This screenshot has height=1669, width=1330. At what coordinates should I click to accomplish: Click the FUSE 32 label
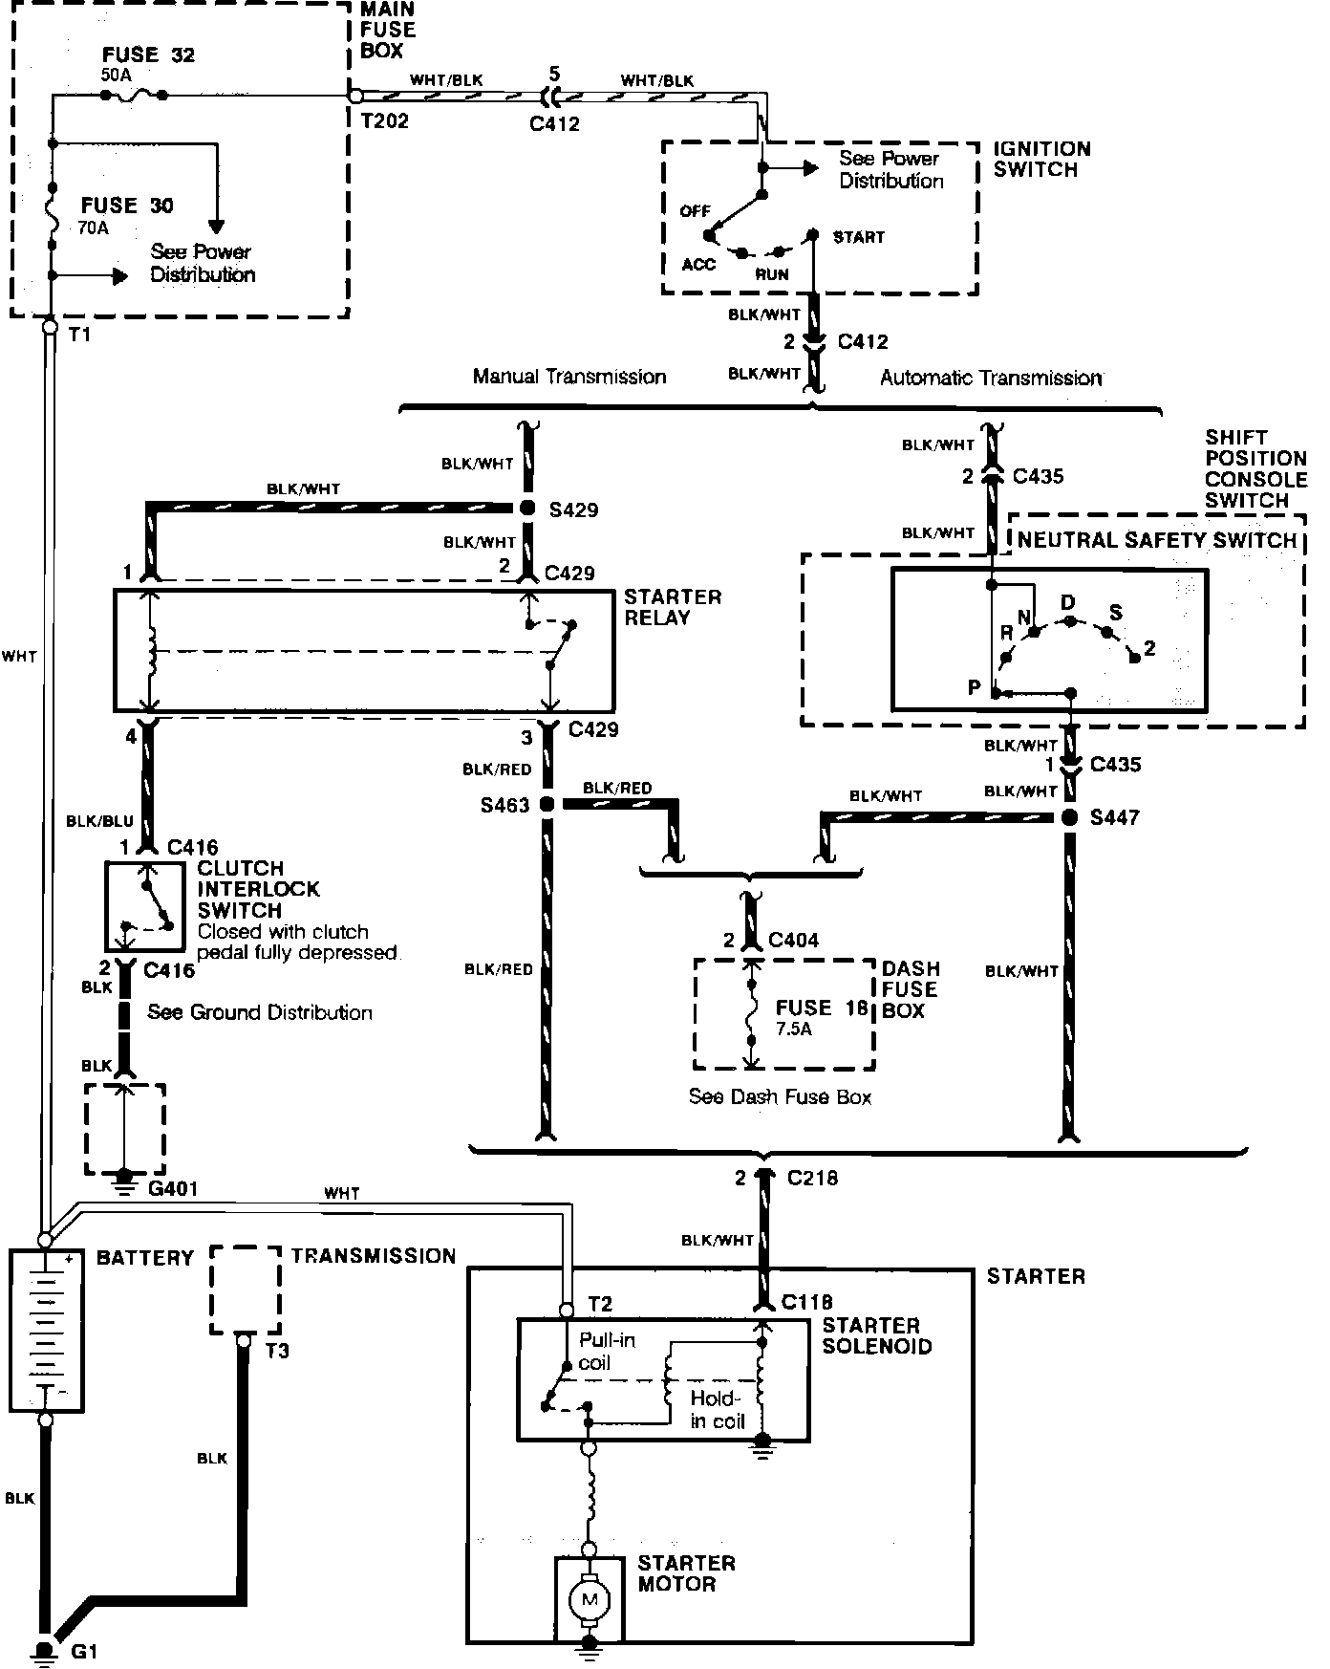pos(148,54)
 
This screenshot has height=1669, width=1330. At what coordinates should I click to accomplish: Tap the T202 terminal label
pos(384,121)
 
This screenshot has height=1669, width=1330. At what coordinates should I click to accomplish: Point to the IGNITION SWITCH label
pos(1040,159)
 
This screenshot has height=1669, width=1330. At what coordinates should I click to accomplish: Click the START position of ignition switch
pos(858,237)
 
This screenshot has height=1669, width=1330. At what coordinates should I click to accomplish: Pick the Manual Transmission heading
pos(569,377)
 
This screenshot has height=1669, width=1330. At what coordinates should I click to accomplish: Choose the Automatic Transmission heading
pos(990,378)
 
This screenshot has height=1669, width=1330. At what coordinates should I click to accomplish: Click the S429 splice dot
pos(527,509)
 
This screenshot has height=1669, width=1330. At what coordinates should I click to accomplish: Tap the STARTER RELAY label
pos(672,607)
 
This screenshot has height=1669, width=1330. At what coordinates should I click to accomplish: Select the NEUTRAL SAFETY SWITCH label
pos(1156,540)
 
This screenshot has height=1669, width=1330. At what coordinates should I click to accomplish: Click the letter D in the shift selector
pos(1068,602)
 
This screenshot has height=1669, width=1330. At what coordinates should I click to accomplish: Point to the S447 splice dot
pos(1070,817)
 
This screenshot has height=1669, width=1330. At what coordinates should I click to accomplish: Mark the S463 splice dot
pos(547,805)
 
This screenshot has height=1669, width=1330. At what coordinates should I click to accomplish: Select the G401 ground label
pos(172,1189)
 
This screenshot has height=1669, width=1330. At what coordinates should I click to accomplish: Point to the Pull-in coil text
pos(606,1352)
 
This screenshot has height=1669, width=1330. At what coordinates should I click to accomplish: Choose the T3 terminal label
pos(277,1351)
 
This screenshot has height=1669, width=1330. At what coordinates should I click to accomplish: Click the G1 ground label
pos(82,1652)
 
